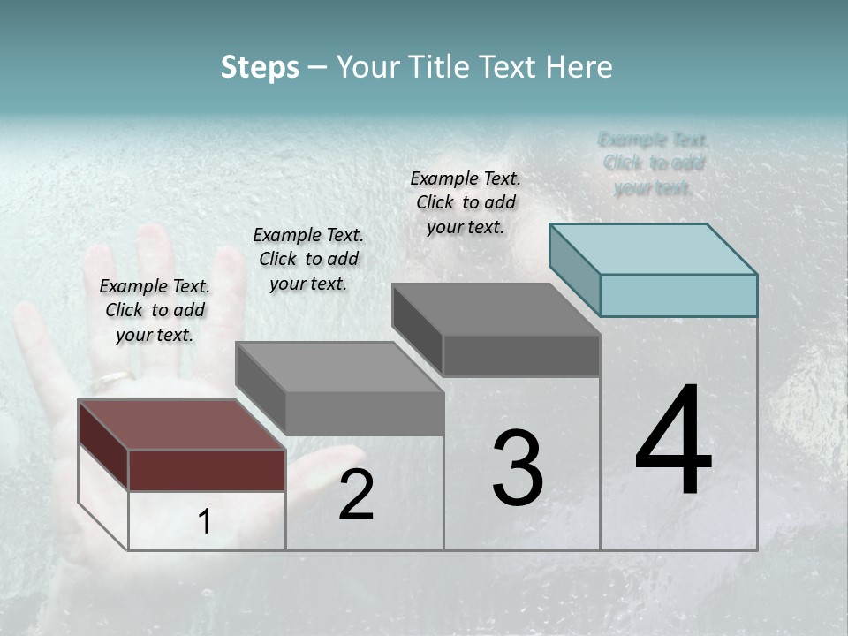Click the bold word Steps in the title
260,67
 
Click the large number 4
673,442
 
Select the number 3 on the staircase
518,468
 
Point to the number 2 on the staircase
356,495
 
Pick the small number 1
205,522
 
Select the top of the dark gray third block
496,309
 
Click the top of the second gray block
339,367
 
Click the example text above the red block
155,310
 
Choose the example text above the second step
308,259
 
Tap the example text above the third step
466,202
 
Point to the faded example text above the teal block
654,163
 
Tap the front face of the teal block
678,295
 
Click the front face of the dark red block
207,470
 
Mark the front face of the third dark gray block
521,356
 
